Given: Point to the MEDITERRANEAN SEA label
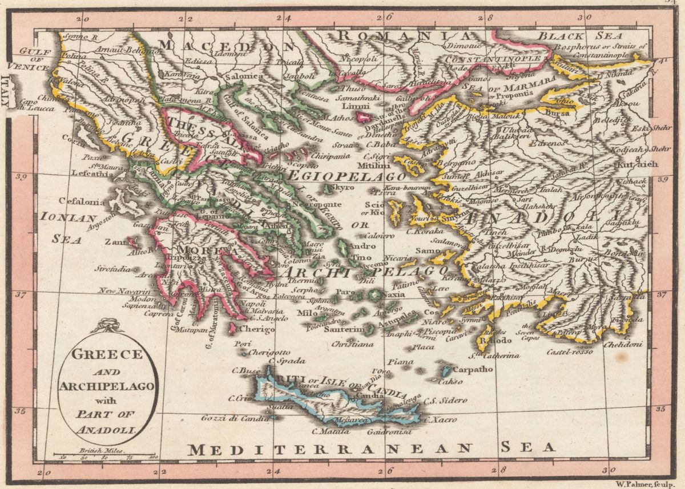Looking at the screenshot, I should [372, 448].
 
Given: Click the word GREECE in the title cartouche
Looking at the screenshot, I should [107, 354].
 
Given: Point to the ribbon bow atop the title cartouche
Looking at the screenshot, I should [106, 326].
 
